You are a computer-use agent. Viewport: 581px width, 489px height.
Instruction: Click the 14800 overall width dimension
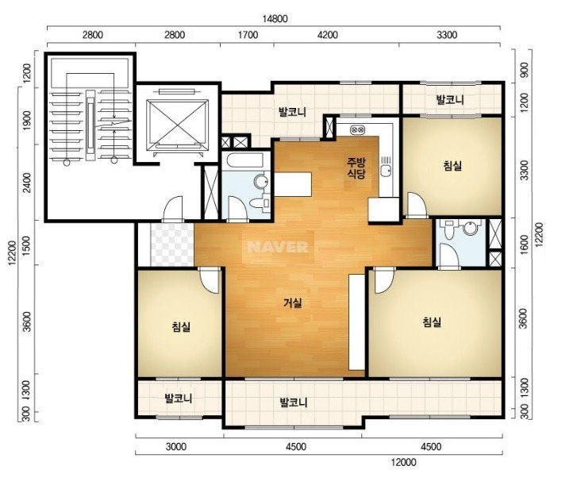point(275,18)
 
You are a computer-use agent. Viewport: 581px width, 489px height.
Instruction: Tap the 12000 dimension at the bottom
point(403,462)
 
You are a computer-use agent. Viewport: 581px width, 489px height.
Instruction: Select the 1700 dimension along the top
point(248,35)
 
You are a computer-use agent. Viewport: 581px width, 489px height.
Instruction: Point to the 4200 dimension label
point(328,35)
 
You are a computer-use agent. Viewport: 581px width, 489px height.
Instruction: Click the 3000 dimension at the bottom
point(175,446)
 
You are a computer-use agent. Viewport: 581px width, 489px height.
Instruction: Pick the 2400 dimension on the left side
point(28,183)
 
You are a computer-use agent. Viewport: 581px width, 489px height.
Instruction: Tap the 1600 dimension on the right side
point(524,244)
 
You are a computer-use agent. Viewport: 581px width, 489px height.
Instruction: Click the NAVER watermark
point(278,247)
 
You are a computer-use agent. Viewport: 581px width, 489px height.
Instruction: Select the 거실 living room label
point(292,303)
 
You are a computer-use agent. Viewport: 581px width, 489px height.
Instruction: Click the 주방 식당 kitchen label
point(356,167)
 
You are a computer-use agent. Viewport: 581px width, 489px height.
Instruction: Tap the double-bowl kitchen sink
point(357,129)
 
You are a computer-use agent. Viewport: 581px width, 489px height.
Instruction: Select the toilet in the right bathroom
point(450,229)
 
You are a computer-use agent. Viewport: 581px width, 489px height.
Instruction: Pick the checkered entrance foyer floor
point(172,244)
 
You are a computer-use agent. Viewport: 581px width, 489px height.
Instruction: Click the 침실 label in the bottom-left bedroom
point(181,326)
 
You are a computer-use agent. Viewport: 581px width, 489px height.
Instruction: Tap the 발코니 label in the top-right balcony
point(450,100)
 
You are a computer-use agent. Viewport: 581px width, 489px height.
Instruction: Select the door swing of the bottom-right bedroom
point(384,281)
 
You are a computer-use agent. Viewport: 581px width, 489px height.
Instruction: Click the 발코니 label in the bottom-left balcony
point(179,399)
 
